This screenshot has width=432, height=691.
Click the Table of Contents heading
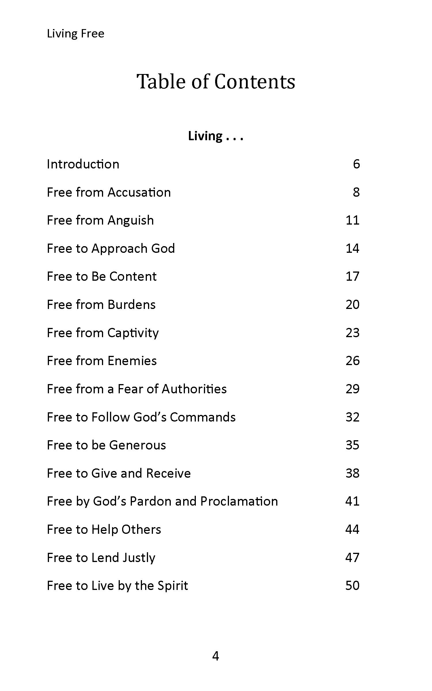(216, 81)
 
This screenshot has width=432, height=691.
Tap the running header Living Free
(75, 34)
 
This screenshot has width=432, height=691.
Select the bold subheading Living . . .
(205, 136)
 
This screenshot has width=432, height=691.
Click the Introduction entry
(83, 164)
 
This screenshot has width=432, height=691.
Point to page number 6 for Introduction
(356, 164)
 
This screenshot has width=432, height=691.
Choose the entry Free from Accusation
(109, 192)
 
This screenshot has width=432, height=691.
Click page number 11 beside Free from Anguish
(353, 220)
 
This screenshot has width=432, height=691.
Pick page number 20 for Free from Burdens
(353, 305)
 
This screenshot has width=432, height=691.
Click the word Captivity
(133, 333)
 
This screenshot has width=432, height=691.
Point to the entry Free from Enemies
(102, 361)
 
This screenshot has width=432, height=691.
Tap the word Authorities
(194, 389)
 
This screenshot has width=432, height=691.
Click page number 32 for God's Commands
(353, 417)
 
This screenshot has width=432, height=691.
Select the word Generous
(137, 445)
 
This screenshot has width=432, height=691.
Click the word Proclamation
(239, 501)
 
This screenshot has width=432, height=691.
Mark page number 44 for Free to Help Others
(353, 529)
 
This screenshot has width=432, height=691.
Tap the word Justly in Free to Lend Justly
(139, 558)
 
